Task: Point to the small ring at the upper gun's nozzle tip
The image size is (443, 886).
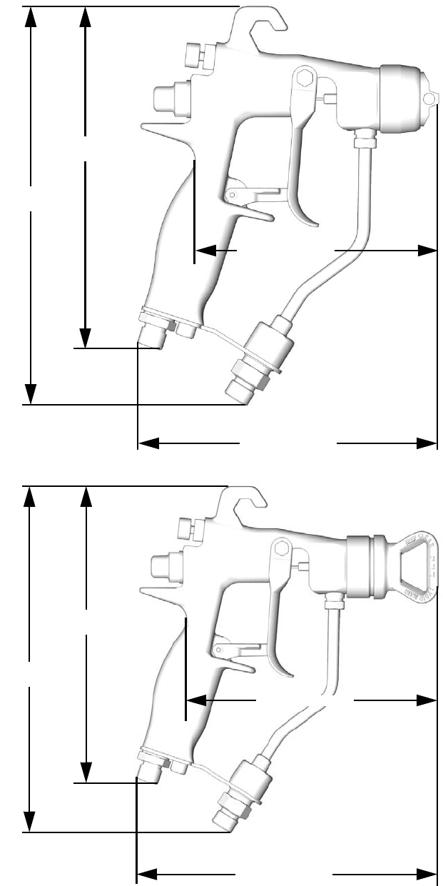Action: click(429, 98)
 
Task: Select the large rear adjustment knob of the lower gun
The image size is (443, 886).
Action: click(164, 568)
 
